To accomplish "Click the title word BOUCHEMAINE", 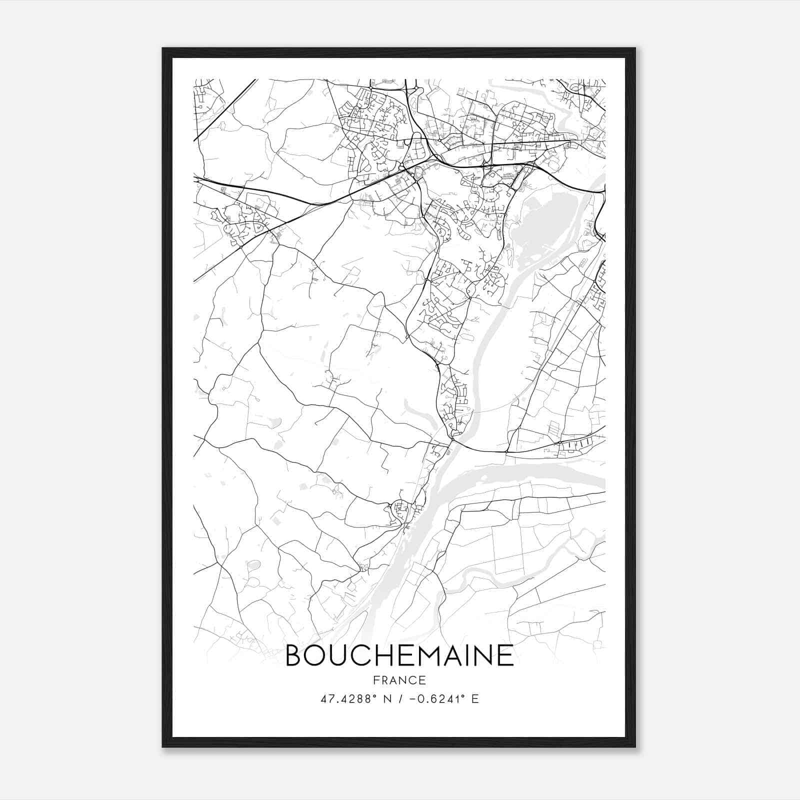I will point(399,656).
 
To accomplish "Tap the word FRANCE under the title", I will point(399,680).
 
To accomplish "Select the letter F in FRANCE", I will point(375,680).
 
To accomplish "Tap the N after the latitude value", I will point(387,698).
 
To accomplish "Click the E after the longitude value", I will point(475,698).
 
